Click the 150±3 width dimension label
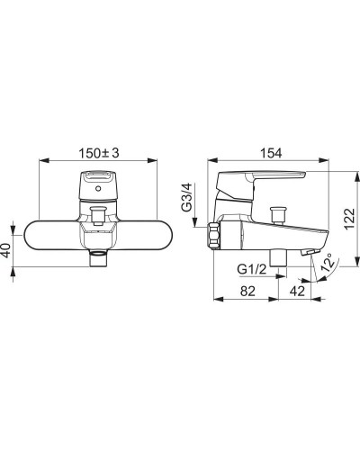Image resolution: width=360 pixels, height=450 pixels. coord(99,153)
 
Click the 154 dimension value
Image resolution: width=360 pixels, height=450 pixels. coord(271,153)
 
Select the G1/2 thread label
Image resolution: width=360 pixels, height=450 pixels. coord(252,269)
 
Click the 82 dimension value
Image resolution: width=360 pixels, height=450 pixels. coord(247,291)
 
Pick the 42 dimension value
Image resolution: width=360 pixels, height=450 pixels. coord(297,291)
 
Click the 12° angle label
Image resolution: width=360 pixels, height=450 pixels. coord(328,262)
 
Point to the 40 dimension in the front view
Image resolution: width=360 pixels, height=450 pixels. coord(6,249)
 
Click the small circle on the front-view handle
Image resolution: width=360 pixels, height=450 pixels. coord(97,189)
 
